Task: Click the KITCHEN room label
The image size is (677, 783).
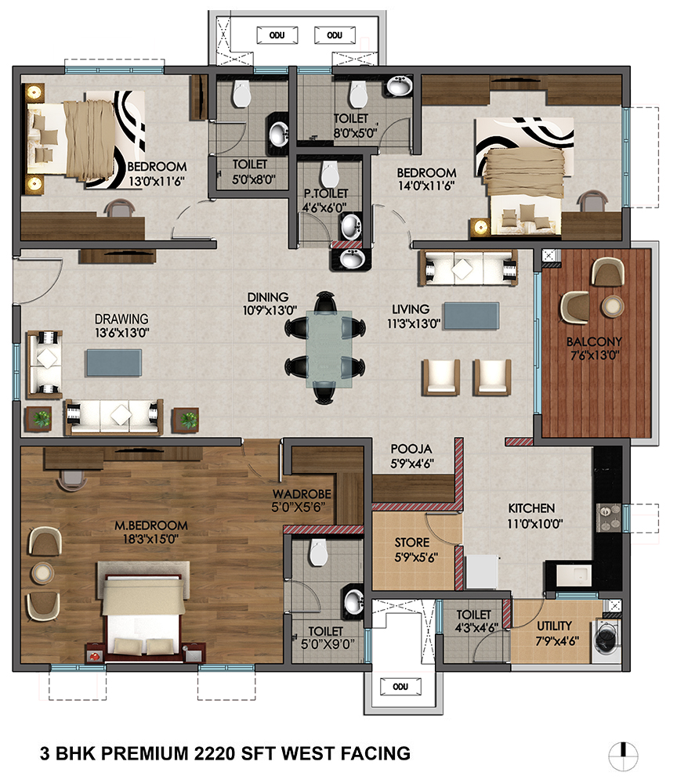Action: tap(531, 508)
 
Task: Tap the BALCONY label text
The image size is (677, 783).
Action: tap(594, 341)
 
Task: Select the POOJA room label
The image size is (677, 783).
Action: tap(411, 449)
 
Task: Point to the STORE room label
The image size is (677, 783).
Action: tap(411, 543)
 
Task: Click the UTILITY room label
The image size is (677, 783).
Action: tap(554, 626)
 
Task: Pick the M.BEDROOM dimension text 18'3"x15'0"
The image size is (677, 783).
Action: tap(150, 539)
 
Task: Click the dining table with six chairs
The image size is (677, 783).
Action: tap(325, 348)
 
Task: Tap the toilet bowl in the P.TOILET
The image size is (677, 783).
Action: tap(329, 173)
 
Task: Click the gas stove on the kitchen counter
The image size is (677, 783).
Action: tap(609, 518)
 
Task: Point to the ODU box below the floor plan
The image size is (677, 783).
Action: tap(400, 687)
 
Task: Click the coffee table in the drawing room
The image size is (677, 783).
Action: tap(114, 363)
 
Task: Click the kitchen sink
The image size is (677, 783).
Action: tap(574, 576)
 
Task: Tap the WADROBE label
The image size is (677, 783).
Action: tap(302, 494)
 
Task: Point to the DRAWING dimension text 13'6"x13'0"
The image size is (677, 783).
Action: tap(122, 333)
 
